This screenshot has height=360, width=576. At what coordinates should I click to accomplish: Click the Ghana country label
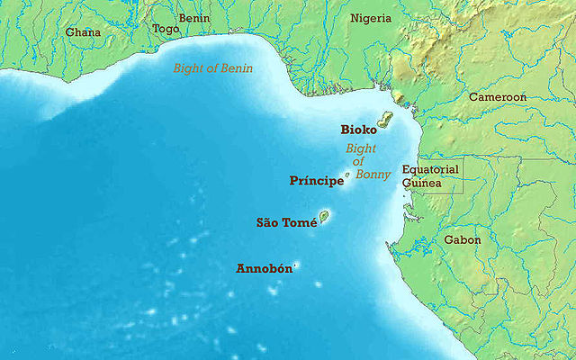point(83,32)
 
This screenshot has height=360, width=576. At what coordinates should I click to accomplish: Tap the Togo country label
point(166,29)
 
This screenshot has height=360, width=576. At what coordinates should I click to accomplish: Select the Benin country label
point(193,17)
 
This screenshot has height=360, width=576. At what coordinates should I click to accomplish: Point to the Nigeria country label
point(371,18)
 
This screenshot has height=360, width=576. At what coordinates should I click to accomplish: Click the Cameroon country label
point(496,95)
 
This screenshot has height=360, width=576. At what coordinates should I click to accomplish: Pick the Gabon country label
point(462,240)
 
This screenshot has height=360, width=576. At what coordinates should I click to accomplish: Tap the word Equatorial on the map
point(430,169)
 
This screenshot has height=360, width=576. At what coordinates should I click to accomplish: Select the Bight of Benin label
point(213,68)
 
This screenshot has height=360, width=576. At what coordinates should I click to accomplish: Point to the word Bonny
point(373,175)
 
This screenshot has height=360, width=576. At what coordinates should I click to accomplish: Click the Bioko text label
point(358,130)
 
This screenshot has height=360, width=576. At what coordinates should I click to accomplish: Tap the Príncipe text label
point(316,181)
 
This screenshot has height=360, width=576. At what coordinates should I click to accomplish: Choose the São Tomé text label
point(286,222)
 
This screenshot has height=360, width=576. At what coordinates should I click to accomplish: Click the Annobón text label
point(263,268)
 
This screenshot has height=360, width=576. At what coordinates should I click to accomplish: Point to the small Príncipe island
point(347,175)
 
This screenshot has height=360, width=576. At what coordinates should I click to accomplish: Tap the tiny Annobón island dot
point(294,266)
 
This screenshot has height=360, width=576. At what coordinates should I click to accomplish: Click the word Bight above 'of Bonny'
point(361,148)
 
